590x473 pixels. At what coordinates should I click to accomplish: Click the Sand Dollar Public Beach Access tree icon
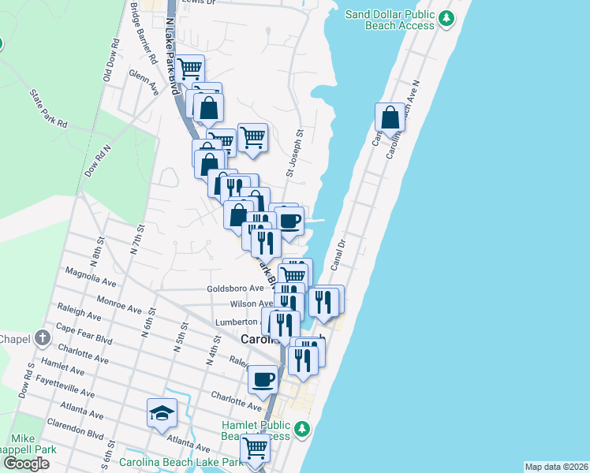(x=446, y=17)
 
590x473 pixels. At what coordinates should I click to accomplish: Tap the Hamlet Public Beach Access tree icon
(x=301, y=429)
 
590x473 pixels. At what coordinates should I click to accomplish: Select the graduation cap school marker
(x=162, y=413)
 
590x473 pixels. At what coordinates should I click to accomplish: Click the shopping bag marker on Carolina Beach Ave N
(x=390, y=118)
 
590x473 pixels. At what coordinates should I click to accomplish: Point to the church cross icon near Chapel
(x=43, y=339)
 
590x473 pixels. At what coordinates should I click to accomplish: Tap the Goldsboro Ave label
(x=235, y=289)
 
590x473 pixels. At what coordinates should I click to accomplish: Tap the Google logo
(x=26, y=463)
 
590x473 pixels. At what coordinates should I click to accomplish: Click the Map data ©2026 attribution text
(x=556, y=466)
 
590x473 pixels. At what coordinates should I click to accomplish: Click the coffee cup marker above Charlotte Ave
(x=263, y=380)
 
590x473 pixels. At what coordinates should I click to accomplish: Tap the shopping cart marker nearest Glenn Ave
(x=189, y=69)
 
